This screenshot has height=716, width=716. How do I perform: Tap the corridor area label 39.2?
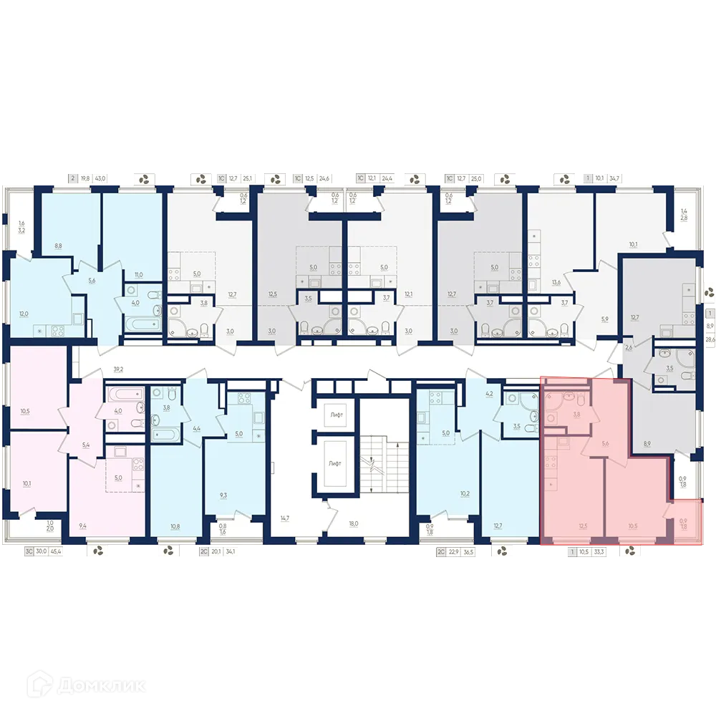pyautogui.click(x=118, y=369)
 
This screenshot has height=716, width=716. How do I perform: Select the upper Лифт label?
pyautogui.click(x=334, y=415)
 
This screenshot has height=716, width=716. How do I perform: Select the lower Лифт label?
pyautogui.click(x=334, y=463)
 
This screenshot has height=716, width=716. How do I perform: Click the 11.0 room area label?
pyautogui.click(x=138, y=274)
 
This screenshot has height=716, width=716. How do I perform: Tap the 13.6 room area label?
pyautogui.click(x=556, y=282)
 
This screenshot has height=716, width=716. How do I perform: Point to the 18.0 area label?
pyautogui.click(x=352, y=523)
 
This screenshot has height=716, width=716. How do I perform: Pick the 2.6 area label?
pyautogui.click(x=629, y=349)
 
